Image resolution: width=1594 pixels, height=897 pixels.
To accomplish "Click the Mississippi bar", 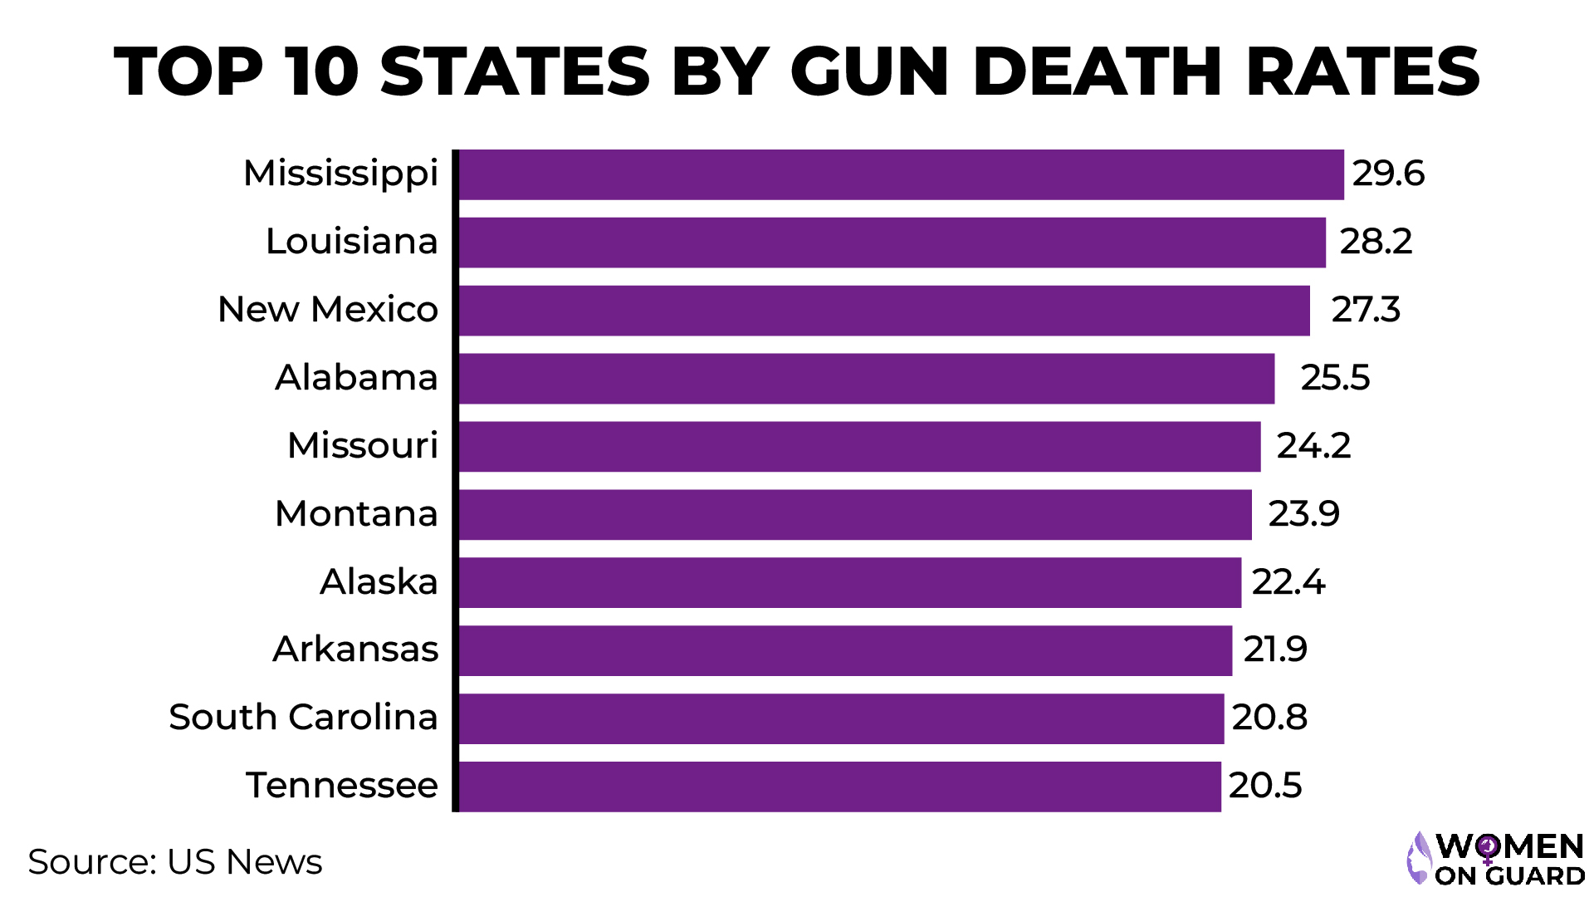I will tap(901, 174).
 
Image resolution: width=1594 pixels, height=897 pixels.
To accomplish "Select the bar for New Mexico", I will tap(884, 311).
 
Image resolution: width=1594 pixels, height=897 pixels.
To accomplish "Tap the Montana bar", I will tap(855, 514).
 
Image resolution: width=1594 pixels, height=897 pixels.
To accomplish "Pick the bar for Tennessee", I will tap(839, 787).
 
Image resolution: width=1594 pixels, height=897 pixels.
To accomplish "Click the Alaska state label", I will tap(379, 581).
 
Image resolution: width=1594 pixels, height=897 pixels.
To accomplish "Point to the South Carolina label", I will tap(303, 717).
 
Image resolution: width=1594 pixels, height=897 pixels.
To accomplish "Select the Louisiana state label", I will tap(351, 242).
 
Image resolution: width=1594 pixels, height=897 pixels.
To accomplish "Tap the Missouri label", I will tap(362, 446).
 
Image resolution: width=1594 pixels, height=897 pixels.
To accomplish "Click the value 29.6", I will tap(1387, 174).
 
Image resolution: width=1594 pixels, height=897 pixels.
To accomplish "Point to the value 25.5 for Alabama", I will tap(1334, 378).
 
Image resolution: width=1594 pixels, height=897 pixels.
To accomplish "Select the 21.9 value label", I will tap(1274, 649).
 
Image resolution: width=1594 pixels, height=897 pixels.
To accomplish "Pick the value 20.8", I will tap(1269, 718).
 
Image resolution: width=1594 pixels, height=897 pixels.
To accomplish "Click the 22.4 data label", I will tap(1288, 582).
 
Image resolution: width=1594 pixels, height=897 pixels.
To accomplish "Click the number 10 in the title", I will tap(321, 71).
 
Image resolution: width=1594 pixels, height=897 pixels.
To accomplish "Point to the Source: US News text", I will tap(174, 862).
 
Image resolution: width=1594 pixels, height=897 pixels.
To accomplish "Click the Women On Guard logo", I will tap(1495, 859).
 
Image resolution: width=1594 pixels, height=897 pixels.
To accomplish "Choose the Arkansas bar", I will tap(845, 650).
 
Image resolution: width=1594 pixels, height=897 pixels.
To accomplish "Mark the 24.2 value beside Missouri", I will tap(1313, 446).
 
